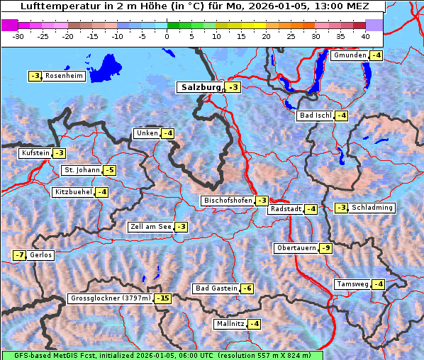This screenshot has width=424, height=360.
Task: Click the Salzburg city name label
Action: click(x=199, y=87)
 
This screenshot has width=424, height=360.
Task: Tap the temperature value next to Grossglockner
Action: click(x=164, y=298)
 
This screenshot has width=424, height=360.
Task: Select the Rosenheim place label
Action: click(x=64, y=76)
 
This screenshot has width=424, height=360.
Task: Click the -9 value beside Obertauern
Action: click(x=325, y=248)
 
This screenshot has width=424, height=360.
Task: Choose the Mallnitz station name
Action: click(x=230, y=324)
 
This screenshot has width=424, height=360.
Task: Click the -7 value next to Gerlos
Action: click(x=19, y=255)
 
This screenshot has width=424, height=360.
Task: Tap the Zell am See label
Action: click(x=150, y=227)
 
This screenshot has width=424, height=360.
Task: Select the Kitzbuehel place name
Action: click(x=73, y=192)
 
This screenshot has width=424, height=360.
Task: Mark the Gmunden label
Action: click(x=350, y=55)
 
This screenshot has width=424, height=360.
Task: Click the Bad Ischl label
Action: click(x=316, y=116)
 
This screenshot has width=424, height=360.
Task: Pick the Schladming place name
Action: click(x=372, y=208)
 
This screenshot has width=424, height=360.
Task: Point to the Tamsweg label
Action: click(x=352, y=284)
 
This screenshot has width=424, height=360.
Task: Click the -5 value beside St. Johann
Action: click(x=109, y=170)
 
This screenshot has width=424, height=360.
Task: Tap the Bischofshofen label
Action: click(x=228, y=201)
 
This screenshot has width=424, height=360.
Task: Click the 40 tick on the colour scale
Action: click(x=365, y=35)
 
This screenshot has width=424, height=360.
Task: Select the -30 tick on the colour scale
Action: click(x=18, y=35)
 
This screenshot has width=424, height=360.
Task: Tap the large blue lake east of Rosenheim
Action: click(x=106, y=68)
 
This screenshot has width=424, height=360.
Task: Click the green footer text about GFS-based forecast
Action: click(x=162, y=355)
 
